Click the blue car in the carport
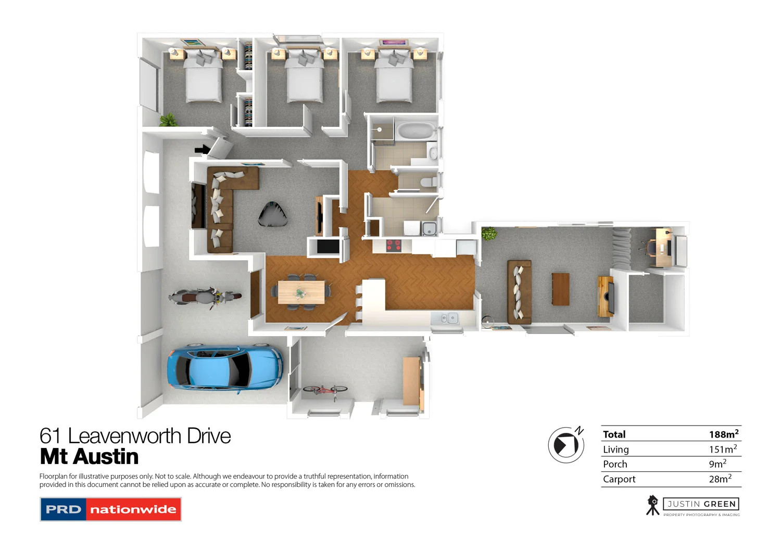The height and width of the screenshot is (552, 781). (225, 367)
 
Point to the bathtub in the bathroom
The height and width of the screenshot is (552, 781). (415, 131)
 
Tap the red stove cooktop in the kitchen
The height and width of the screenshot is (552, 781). (394, 245)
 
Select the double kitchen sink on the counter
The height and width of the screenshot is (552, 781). (445, 317)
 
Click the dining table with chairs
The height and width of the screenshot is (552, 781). (301, 292)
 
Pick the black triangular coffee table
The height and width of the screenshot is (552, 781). (273, 214)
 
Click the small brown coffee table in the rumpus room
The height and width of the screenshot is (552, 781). (561, 289)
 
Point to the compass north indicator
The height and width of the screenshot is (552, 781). (566, 445)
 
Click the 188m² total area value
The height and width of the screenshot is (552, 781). (723, 434)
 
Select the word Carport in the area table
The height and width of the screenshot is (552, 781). (619, 479)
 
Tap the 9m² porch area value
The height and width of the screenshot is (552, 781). (717, 464)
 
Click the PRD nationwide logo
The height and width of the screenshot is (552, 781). (110, 509)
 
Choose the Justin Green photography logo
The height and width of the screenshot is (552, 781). (693, 506)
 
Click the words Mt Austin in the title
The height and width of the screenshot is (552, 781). (90, 457)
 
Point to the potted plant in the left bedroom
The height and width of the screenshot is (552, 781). (168, 121)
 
